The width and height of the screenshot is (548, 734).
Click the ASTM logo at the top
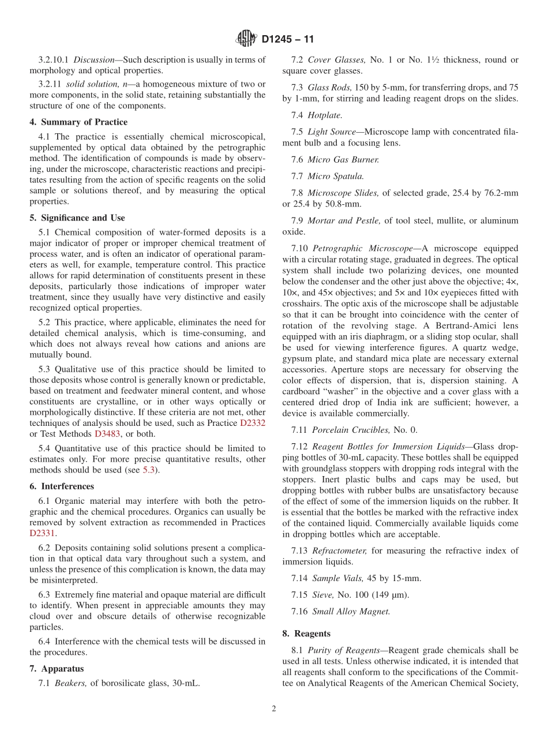click(x=246, y=39)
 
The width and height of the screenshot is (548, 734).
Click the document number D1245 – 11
click(x=288, y=40)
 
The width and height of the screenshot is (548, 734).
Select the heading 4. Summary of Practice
click(x=78, y=122)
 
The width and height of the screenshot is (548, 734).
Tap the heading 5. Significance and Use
click(x=77, y=218)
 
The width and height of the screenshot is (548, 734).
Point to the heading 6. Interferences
click(x=62, y=486)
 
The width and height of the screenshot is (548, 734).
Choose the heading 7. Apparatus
click(x=57, y=669)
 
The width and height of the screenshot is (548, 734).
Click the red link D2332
click(x=253, y=423)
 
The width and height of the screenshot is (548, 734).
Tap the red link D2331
click(x=42, y=533)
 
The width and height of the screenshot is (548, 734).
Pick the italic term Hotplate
click(x=325, y=115)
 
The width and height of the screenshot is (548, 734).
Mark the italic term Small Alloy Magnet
click(x=351, y=612)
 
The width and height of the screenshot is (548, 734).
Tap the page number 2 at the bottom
click(x=274, y=709)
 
